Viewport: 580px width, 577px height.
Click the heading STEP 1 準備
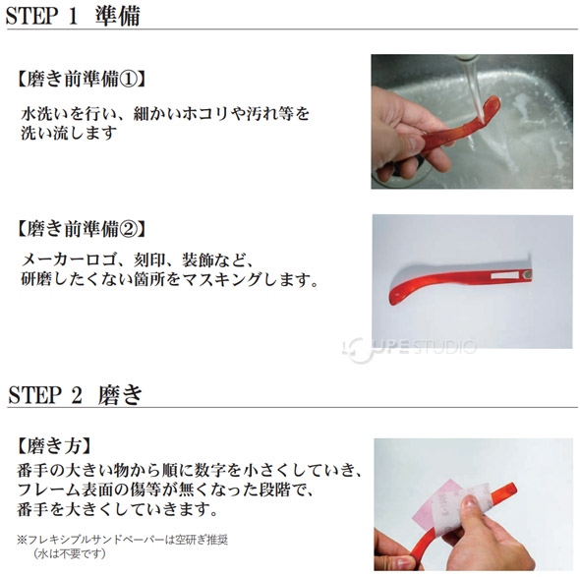(x=73, y=16)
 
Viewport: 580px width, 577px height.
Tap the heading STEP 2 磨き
(x=75, y=394)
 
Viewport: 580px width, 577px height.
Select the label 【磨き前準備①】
(x=81, y=79)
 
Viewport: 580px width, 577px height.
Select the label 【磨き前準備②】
(x=81, y=229)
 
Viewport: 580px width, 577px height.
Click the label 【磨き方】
(x=54, y=445)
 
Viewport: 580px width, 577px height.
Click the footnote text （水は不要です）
(x=70, y=553)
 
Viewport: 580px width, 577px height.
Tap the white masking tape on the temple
(x=504, y=275)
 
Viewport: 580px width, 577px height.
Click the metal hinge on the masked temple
(x=526, y=274)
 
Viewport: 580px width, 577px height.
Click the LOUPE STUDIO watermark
(x=409, y=349)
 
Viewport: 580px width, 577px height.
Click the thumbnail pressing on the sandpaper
(x=470, y=502)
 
